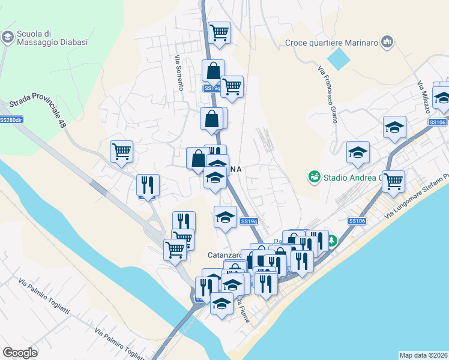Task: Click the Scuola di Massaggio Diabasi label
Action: click(53, 38)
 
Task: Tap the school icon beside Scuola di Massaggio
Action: click(8, 38)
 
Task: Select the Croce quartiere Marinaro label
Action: click(332, 42)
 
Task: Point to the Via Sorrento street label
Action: click(178, 73)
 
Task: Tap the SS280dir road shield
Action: click(11, 120)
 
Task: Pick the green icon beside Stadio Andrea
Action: click(313, 176)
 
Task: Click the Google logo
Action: click(20, 353)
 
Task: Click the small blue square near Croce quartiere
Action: click(340, 58)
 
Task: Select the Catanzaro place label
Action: click(224, 254)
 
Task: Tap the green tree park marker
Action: click(331, 241)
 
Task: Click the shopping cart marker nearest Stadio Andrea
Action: click(394, 179)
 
